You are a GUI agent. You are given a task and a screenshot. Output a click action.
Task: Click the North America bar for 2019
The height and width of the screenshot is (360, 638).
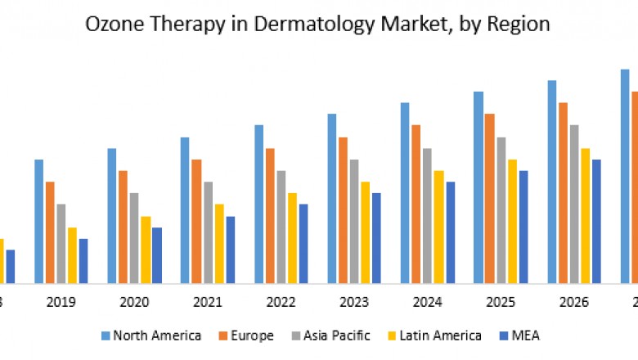(x=39, y=221)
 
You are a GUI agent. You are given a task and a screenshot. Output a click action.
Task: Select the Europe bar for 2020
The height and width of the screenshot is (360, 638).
(x=124, y=227)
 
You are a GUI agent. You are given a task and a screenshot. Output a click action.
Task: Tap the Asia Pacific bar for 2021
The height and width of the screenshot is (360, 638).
(x=208, y=232)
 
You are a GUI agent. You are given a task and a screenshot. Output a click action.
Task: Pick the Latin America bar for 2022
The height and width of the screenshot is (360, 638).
(x=292, y=238)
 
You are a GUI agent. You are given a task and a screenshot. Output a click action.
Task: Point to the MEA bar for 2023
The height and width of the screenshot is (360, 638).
(x=376, y=238)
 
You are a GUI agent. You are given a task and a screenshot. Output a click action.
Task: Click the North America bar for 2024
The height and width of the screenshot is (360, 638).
(x=405, y=193)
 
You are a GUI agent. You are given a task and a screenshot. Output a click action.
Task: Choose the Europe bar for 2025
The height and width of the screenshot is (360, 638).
(x=489, y=199)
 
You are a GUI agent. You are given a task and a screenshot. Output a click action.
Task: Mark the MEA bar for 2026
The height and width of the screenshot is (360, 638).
(x=596, y=222)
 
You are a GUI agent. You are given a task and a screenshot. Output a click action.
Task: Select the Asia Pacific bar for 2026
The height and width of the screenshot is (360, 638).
(x=574, y=205)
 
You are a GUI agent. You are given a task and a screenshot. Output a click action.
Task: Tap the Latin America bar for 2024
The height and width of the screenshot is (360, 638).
(x=438, y=227)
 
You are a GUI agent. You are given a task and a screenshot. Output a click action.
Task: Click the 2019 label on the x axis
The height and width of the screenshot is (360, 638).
(x=61, y=302)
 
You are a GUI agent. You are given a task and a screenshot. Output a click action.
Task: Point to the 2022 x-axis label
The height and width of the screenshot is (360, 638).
(x=281, y=302)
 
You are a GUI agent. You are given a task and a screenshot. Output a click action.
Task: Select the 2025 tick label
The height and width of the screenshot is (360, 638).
(x=501, y=302)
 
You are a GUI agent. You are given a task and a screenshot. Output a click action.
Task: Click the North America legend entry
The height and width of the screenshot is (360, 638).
(x=151, y=335)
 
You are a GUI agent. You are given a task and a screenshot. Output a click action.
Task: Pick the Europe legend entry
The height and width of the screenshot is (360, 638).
(x=250, y=335)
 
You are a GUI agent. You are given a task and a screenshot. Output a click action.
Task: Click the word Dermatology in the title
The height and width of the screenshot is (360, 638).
(x=334, y=25)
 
